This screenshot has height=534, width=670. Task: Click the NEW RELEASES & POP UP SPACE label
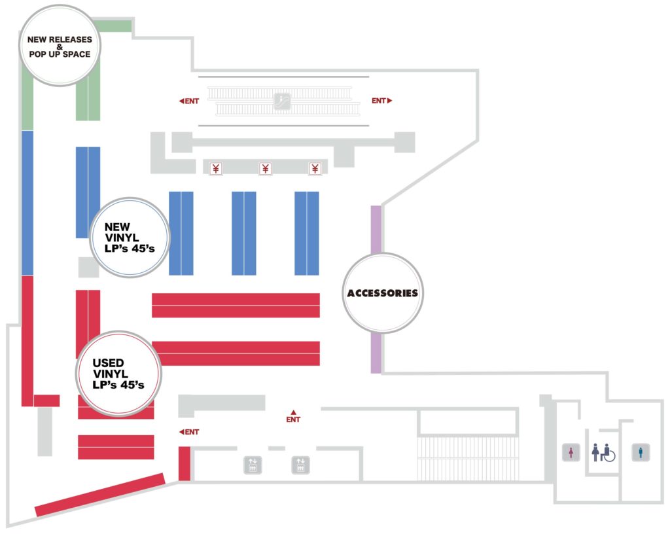[59, 46]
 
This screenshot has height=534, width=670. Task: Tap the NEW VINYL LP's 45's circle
[129, 238]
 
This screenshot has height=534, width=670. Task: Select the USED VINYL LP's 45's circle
[118, 374]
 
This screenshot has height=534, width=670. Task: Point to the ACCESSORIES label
[383, 293]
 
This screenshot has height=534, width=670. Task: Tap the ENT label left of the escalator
[188, 101]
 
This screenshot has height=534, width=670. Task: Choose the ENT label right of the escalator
[381, 101]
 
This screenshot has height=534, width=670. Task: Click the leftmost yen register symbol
[216, 169]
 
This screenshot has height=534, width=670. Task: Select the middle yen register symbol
[266, 169]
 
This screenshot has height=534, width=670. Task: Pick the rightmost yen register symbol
[315, 169]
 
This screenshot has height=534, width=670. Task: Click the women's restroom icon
[572, 452]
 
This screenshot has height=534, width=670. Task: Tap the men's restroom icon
[641, 452]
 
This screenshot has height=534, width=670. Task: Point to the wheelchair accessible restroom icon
[604, 452]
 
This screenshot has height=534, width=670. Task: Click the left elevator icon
[253, 465]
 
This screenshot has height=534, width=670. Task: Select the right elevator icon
[301, 465]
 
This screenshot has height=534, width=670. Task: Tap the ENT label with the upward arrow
[293, 417]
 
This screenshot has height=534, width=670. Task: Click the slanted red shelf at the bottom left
[100, 494]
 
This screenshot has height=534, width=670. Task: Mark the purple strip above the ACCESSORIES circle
[376, 229]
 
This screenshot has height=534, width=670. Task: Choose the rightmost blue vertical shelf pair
[307, 233]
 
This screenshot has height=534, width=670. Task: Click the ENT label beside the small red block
[189, 432]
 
